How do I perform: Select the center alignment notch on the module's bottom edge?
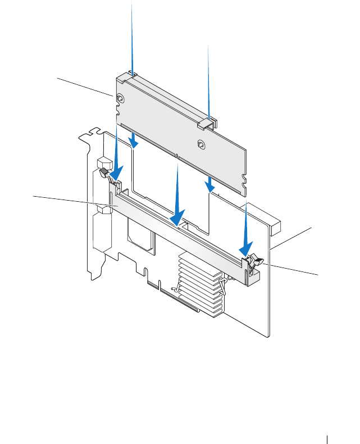point(176,156)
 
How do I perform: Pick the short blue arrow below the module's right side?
point(208,184)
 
